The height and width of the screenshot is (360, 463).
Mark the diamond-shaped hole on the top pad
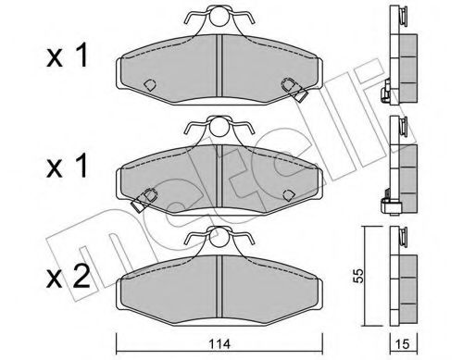pos(148,84)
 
